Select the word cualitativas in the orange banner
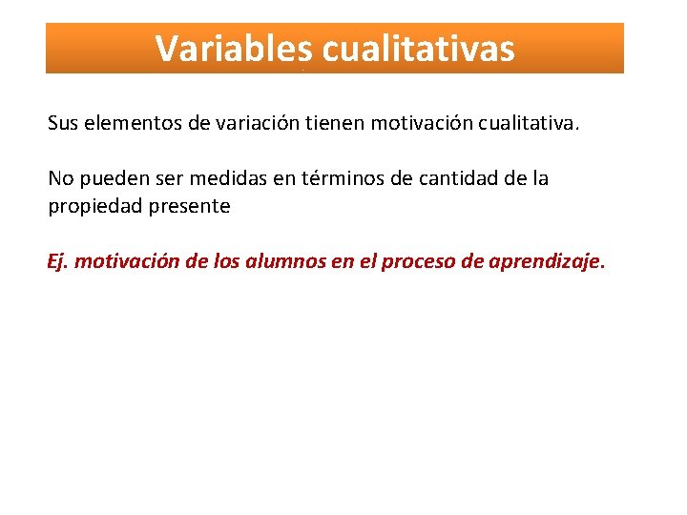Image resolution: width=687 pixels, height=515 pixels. [419, 49]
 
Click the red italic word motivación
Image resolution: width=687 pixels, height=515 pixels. [124, 262]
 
